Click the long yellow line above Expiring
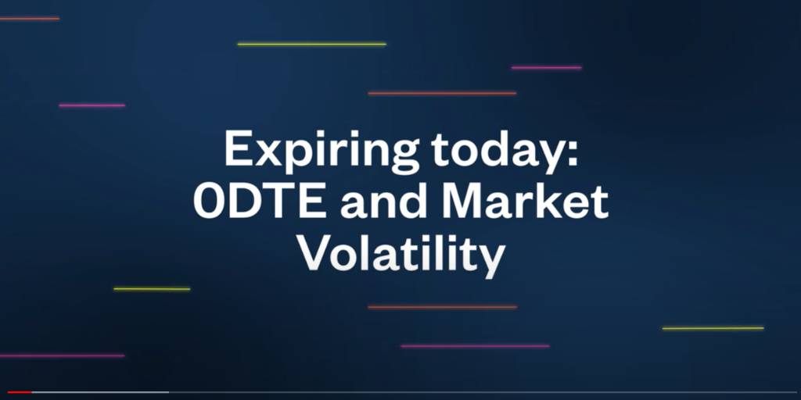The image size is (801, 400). coord(311,44)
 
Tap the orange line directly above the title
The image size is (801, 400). coord(442,93)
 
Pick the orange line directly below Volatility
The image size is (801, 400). coord(442,307)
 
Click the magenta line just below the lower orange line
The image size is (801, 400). coord(475,346)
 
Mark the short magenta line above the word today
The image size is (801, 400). coord(546,67)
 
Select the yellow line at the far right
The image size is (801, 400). coord(713,328)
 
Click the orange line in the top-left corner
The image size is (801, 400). coord(29,19)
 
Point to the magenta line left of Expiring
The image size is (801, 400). coord(92,105)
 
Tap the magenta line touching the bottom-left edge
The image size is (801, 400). coord(61,356)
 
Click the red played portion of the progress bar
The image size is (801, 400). coord(19,392)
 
